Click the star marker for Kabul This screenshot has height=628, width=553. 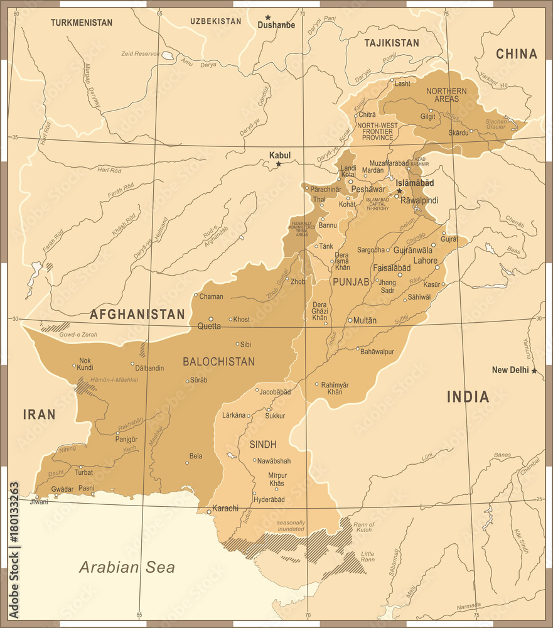pos(279,165)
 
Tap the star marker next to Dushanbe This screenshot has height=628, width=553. pos(268,18)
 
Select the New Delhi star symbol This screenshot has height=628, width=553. pos(534,371)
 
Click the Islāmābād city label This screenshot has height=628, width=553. pos(414,183)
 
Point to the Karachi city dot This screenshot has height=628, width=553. pos(209,512)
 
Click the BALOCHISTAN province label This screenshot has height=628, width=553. pos(218,362)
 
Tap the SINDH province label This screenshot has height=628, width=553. pos(263,445)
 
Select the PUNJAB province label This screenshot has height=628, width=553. pos(351,282)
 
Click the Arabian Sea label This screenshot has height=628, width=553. pos(127,568)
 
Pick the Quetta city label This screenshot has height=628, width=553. pos(209,326)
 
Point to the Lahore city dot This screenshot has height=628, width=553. pos(438,268)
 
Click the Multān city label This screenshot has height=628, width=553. pos(365,320)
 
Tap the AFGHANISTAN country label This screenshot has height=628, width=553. pos(137,315)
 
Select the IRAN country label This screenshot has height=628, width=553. pos(39,414)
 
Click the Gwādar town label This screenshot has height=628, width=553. pos(62,489)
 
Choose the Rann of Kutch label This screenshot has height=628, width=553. pos(363,528)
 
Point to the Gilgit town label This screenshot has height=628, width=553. pos(427,117)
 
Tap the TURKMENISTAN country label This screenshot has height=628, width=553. pos(82,23)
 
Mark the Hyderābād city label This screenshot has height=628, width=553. pos(269,499)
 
